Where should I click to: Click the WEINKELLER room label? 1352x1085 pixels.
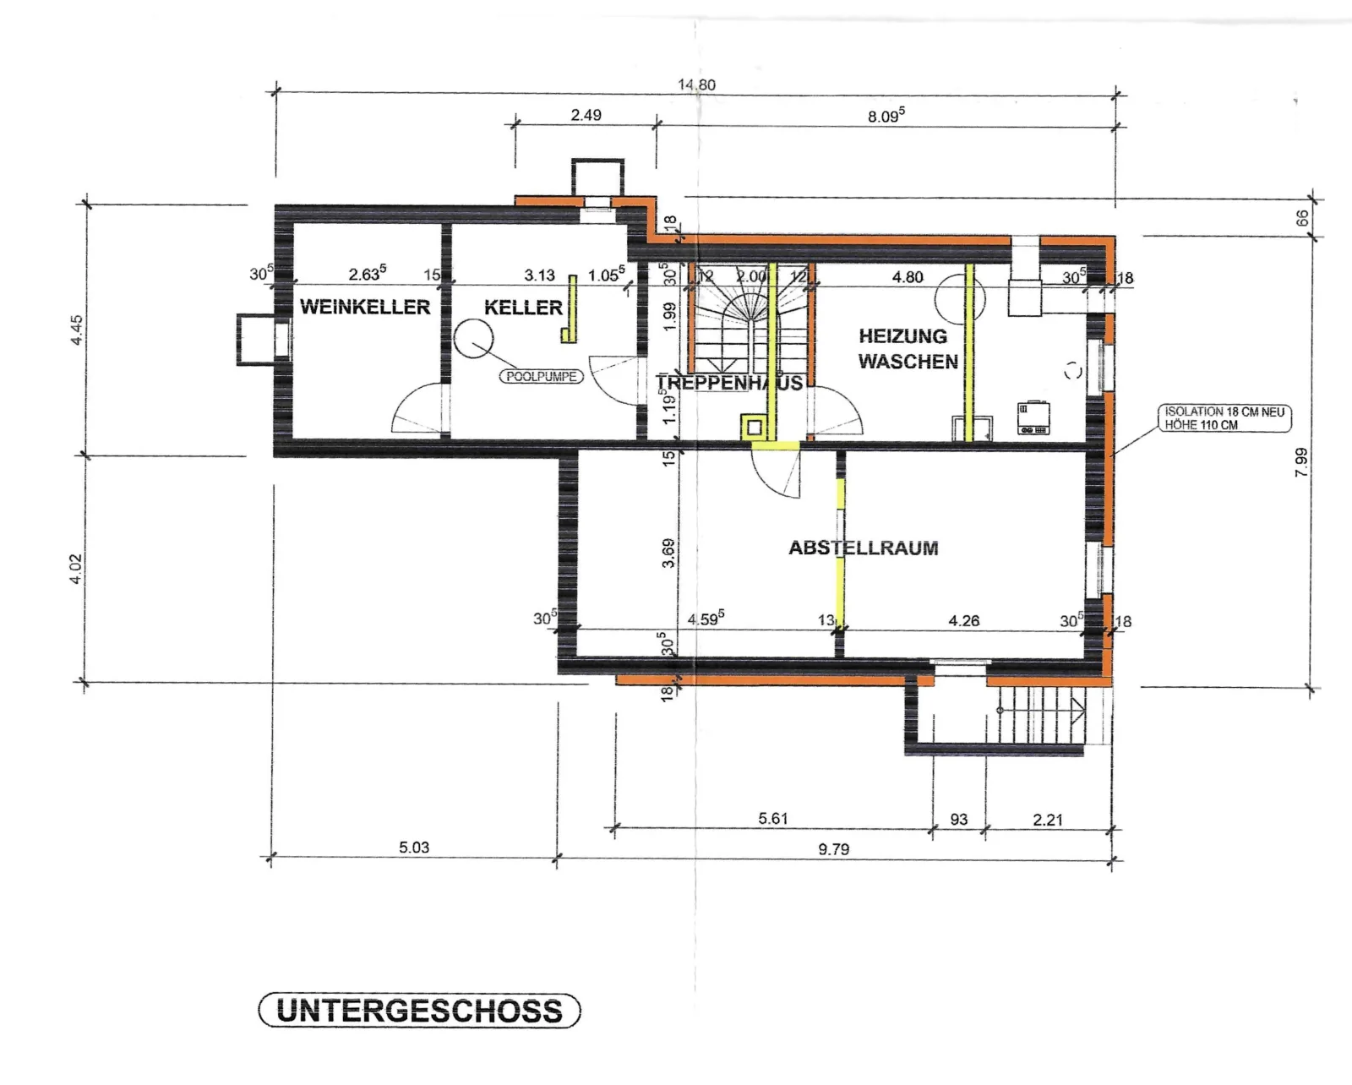click(365, 307)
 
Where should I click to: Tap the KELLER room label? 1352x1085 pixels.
click(523, 308)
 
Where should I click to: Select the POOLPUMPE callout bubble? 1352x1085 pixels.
click(542, 377)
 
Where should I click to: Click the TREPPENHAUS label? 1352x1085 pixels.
click(729, 383)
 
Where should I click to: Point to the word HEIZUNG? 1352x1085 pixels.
click(902, 336)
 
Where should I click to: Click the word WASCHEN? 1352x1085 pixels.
click(908, 362)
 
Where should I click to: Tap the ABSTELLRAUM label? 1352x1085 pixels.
click(864, 548)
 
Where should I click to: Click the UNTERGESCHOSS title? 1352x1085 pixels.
click(420, 1011)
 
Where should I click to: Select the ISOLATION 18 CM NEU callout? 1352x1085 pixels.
click(1224, 418)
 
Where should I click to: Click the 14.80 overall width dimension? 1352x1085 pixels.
click(696, 85)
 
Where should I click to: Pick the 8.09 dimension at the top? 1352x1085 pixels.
click(886, 116)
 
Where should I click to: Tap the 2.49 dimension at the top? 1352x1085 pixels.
click(586, 115)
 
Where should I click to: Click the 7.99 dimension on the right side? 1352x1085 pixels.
click(1301, 461)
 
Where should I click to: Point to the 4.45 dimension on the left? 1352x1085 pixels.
click(76, 330)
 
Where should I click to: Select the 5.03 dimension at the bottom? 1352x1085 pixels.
click(414, 848)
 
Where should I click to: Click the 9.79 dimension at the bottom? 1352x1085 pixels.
click(834, 849)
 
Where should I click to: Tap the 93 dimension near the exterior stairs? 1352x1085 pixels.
click(959, 820)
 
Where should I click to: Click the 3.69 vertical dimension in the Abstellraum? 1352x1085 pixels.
click(668, 553)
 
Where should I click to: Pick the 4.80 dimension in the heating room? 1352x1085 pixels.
click(908, 277)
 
